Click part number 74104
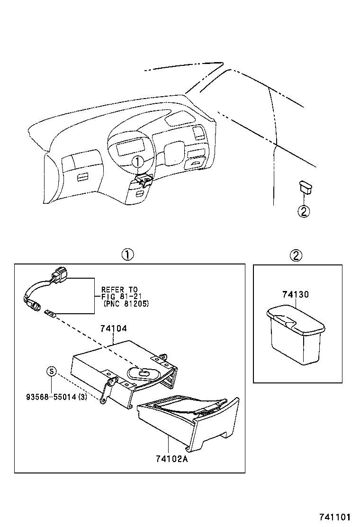tap(113, 327)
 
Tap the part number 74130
tap(295, 294)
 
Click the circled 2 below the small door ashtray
tap(304, 212)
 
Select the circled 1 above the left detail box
tap(126, 254)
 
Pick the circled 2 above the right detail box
tap(296, 255)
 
